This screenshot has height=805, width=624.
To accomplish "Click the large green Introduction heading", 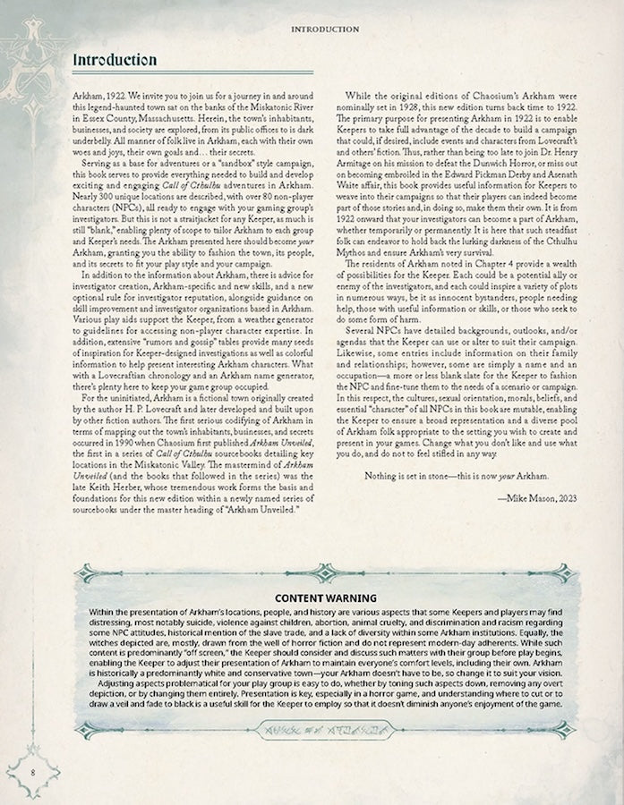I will [113, 60].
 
